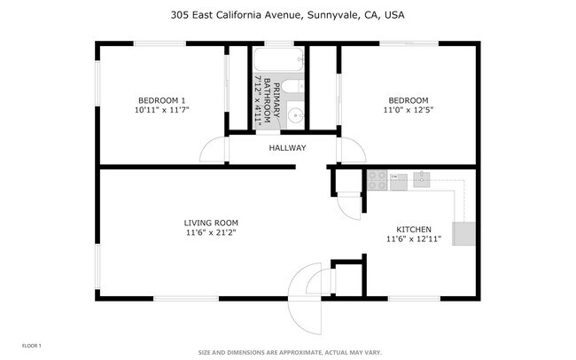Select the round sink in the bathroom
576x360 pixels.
296,114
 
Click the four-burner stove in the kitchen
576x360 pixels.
378,181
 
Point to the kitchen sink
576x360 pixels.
422,179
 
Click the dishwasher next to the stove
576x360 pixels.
399,182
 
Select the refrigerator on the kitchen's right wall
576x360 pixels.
464,234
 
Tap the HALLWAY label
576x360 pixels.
287,148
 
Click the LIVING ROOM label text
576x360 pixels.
211,223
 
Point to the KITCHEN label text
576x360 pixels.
413,228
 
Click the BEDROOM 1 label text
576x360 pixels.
161,99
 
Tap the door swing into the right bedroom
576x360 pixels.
352,152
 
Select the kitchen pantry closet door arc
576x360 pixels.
352,206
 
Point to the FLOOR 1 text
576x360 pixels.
31,344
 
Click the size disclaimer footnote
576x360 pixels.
289,352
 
